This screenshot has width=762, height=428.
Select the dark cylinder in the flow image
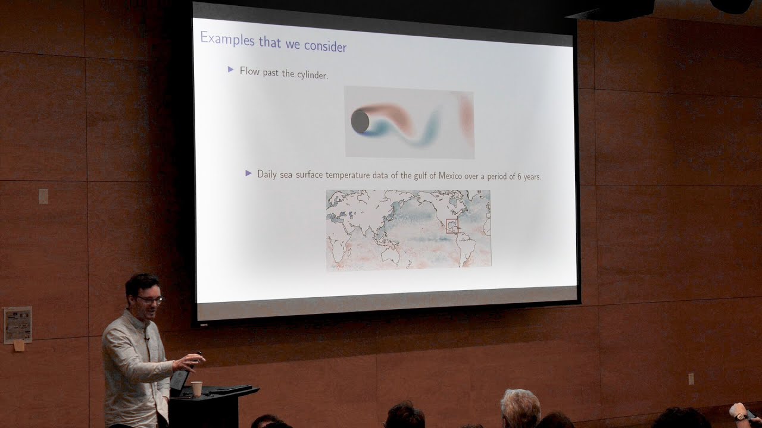[360, 121]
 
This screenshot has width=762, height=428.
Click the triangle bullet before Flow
[231, 70]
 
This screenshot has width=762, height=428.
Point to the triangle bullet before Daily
[249, 173]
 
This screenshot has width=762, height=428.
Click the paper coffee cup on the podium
[196, 388]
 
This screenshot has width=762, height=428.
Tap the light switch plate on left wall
[43, 196]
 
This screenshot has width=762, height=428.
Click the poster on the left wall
[17, 324]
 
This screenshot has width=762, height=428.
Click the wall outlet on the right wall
[691, 379]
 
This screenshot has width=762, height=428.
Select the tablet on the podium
[179, 380]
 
